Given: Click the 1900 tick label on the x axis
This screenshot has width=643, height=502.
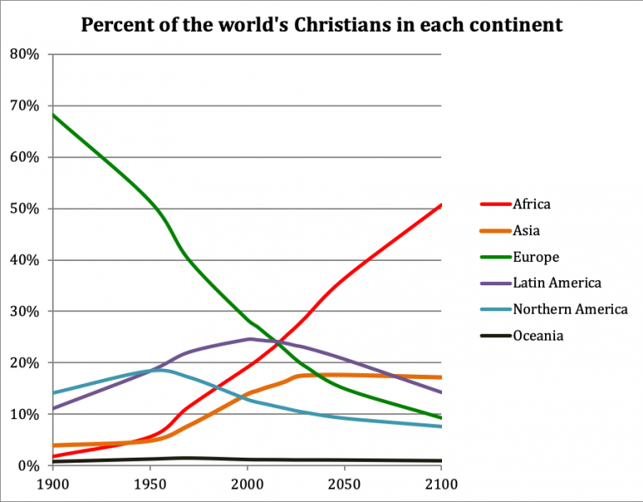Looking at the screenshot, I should click(52, 485).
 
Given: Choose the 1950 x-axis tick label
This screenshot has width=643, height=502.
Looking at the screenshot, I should click(150, 485).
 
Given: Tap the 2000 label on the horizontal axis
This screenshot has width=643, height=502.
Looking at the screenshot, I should click(247, 485).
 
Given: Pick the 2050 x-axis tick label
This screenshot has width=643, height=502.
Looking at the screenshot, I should click(344, 485).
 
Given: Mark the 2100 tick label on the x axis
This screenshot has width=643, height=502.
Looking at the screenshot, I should click(441, 485).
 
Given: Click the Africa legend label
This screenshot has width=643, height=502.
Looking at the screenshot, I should click(532, 204).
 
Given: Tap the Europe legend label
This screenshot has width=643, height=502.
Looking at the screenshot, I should click(536, 257).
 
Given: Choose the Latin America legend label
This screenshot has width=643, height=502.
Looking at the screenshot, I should click(557, 283).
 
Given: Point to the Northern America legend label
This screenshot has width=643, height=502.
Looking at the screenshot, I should click(569, 310).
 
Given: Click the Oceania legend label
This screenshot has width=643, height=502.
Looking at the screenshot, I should click(538, 336).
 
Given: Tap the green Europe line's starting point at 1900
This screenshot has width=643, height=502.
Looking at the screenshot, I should click(53, 115).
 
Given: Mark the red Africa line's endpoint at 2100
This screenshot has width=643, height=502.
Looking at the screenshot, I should click(441, 205).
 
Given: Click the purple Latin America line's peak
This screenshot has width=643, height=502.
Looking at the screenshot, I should click(249, 339).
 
